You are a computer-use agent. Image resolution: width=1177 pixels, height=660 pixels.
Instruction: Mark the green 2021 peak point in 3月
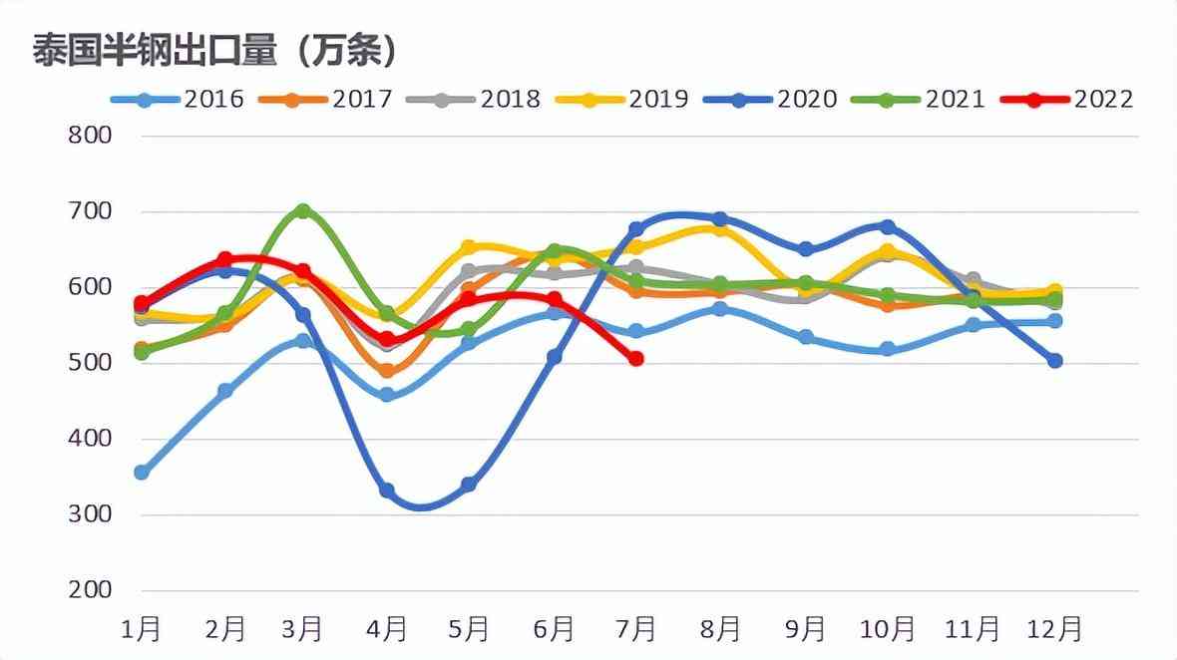point(303,211)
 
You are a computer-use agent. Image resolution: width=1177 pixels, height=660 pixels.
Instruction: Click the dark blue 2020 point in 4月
point(387,491)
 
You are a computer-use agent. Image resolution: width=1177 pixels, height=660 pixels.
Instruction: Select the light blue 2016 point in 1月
point(142,473)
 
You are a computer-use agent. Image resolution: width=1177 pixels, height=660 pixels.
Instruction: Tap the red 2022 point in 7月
point(636,358)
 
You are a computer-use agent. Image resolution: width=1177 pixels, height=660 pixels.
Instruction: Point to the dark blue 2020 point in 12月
point(1054,361)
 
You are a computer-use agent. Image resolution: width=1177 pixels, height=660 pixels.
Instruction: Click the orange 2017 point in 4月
point(387,371)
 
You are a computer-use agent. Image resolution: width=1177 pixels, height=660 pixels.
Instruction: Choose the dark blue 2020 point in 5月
point(469,485)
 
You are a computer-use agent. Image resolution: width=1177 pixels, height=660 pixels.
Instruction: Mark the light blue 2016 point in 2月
point(225,391)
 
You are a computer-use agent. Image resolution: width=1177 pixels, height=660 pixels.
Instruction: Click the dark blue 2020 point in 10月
point(888,227)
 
